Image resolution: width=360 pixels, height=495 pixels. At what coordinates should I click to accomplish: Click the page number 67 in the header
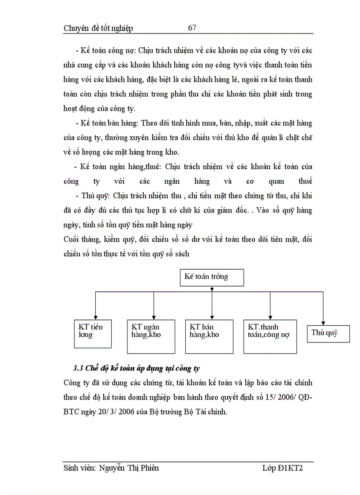[192, 28]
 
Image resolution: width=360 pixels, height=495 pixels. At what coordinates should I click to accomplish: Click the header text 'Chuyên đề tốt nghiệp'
[98, 29]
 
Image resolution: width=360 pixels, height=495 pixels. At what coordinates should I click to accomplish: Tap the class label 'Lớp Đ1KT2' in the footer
[282, 468]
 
